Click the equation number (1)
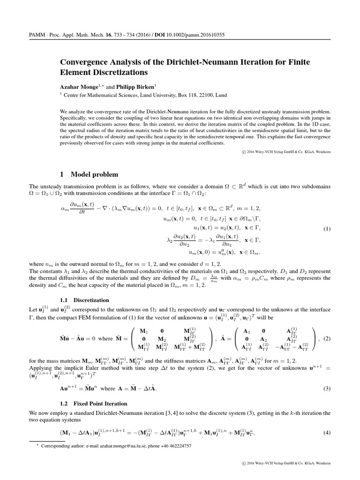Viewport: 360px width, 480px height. point(327,229)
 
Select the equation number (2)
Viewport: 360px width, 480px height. point(327,338)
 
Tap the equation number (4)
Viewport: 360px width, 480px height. point(327,432)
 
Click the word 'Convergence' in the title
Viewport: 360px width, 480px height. point(85,62)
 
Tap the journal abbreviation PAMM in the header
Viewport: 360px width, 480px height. point(37,35)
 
